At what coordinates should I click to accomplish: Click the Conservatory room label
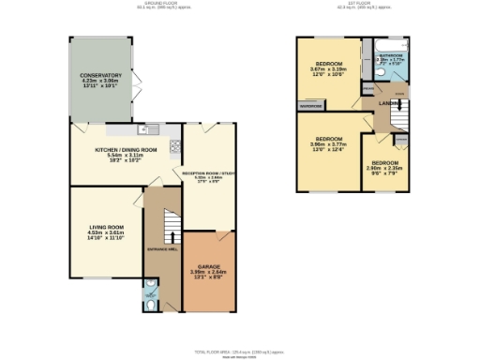tap(100, 75)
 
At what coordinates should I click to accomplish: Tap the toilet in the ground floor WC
tap(152, 301)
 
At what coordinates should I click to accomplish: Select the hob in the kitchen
tap(174, 147)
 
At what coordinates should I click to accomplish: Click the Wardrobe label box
tap(312, 105)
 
